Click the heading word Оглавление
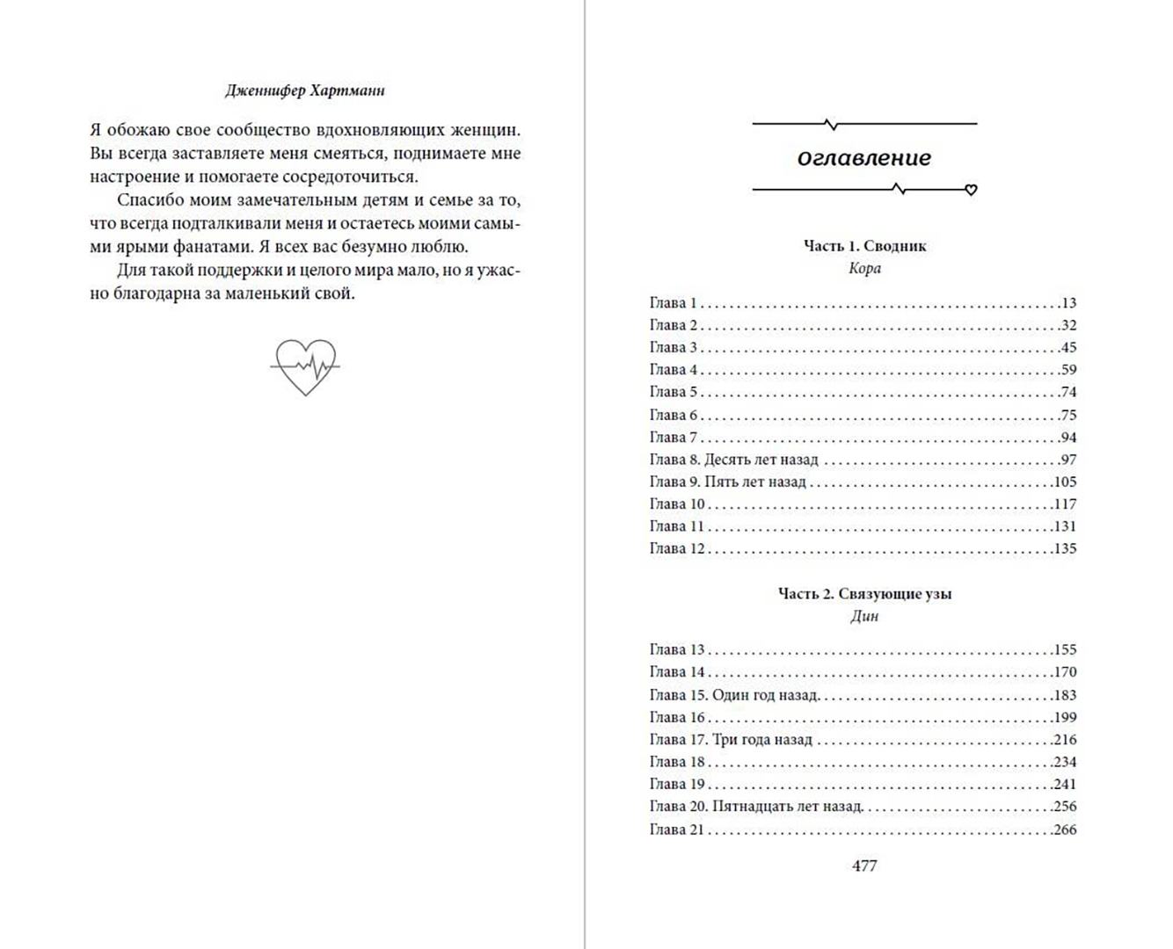click(x=863, y=158)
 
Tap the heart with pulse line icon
click(x=304, y=366)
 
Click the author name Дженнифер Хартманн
click(x=304, y=91)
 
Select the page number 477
click(x=864, y=866)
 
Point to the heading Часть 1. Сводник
click(x=864, y=246)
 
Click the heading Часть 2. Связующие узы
click(x=864, y=594)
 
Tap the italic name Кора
click(x=864, y=268)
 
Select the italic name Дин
click(x=864, y=616)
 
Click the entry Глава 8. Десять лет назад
click(x=733, y=460)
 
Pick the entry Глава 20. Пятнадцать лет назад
click(x=756, y=807)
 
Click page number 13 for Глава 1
click(x=1068, y=303)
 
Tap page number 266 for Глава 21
click(x=1064, y=829)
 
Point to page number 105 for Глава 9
click(x=1064, y=482)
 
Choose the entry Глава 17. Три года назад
click(x=731, y=740)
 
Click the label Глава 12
click(x=677, y=548)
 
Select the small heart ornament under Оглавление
click(x=971, y=190)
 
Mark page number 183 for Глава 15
click(x=1064, y=695)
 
